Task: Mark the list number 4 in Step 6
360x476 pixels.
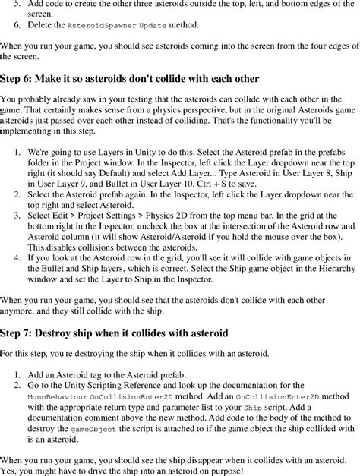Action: (17, 258)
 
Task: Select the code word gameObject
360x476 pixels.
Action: (90, 430)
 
